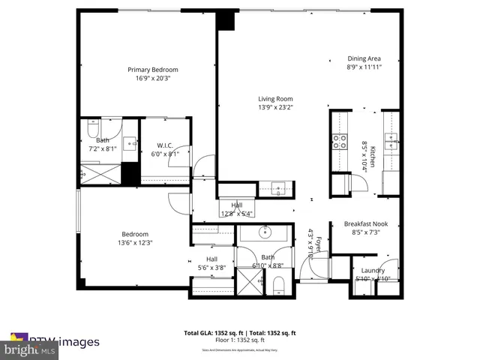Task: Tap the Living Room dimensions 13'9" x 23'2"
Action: (x=275, y=107)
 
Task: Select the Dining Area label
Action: (x=364, y=58)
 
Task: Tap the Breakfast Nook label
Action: (x=365, y=223)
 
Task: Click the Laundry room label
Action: (x=373, y=271)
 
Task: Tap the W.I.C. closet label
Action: (x=165, y=145)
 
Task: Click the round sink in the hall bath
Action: (x=266, y=232)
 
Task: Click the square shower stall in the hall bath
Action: (x=249, y=282)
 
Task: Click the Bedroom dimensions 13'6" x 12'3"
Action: (x=135, y=243)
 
